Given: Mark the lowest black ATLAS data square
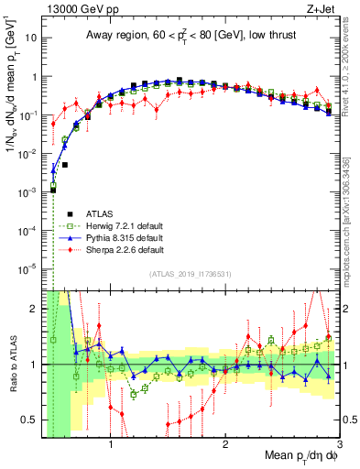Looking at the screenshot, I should [x=54, y=190].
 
